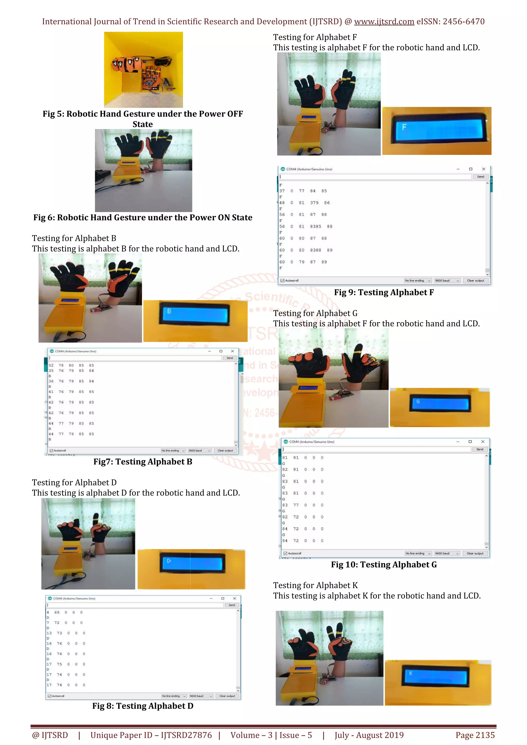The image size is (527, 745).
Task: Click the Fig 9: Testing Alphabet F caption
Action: (384, 292)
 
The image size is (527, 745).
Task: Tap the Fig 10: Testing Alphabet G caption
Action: (384, 565)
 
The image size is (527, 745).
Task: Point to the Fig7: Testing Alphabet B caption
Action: (143, 462)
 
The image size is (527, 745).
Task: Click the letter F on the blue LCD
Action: (404, 127)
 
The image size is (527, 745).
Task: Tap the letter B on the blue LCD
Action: (169, 311)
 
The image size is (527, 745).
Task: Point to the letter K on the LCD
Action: (411, 673)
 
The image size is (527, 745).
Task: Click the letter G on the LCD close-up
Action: (418, 402)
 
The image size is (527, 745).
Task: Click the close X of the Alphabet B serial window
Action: (232, 351)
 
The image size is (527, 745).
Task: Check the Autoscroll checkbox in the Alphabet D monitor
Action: (49, 696)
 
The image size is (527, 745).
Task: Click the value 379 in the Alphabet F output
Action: (314, 203)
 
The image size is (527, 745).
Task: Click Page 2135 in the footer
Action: (475, 735)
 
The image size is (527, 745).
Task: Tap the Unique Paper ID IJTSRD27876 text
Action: (151, 735)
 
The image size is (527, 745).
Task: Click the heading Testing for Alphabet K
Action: (315, 585)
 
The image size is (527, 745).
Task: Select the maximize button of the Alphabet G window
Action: (470, 442)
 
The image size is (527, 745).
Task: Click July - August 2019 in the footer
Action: (369, 735)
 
